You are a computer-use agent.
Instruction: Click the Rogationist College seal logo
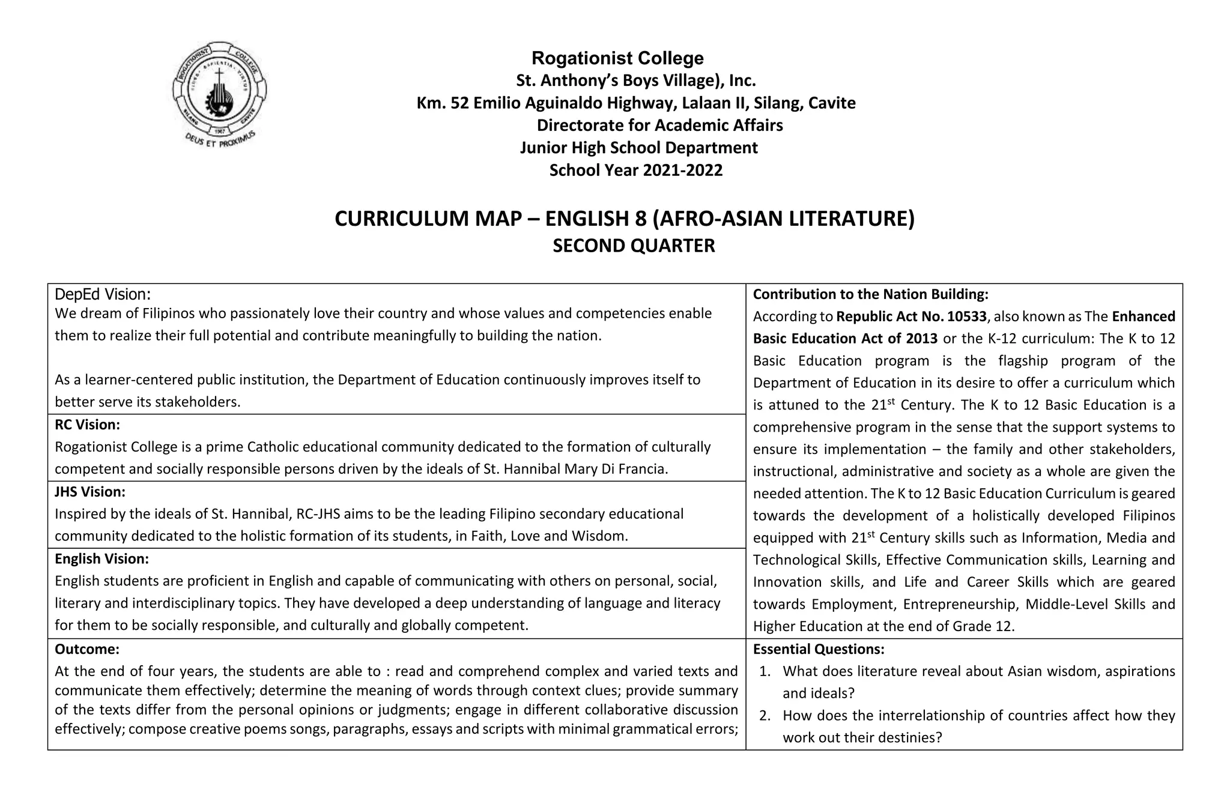[219, 90]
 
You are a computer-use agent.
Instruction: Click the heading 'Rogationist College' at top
[617, 58]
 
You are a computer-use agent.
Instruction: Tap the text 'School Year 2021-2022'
[635, 170]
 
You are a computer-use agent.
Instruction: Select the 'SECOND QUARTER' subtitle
[634, 246]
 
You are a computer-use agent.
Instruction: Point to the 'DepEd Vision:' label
[103, 294]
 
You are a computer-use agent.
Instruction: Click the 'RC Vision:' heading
[87, 425]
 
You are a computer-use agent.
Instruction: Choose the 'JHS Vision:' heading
[90, 492]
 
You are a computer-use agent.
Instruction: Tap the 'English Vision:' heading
[101, 558]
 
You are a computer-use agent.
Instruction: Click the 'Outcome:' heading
[87, 649]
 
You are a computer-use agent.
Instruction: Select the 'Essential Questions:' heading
[819, 649]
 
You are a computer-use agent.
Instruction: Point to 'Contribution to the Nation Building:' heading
[870, 294]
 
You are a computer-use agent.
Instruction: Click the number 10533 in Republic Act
[966, 316]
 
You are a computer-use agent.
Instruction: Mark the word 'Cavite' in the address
[832, 103]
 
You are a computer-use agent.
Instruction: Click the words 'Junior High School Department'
[638, 148]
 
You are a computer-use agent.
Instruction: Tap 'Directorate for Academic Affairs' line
[659, 125]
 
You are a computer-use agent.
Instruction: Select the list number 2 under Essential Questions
[765, 716]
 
